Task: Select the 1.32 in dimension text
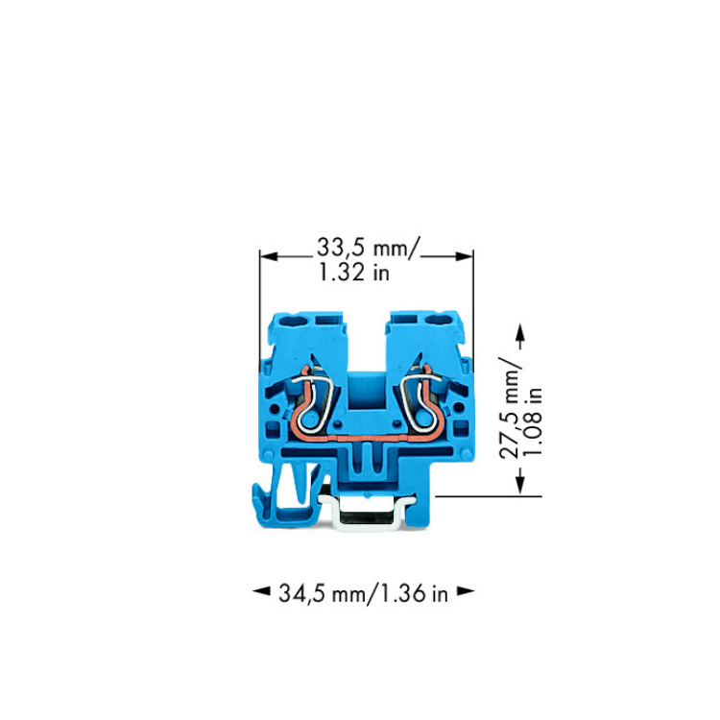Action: point(354,273)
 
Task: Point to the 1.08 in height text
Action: point(533,421)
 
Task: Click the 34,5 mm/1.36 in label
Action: point(363,593)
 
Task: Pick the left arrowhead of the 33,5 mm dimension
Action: point(269,256)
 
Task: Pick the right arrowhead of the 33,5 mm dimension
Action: point(465,256)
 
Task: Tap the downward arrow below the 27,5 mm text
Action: point(519,481)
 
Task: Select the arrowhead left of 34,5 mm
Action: point(261,591)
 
